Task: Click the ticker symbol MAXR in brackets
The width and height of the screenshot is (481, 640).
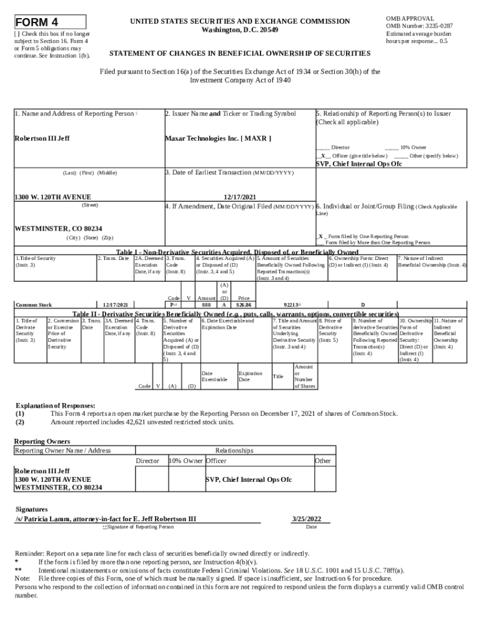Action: coord(255,138)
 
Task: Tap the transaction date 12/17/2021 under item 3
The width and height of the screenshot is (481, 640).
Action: coord(239,197)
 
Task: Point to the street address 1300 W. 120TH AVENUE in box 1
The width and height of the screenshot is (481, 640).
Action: coord(53,197)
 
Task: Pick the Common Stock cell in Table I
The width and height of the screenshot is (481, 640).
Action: coord(34,304)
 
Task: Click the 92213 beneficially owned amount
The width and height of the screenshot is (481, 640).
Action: coord(290,304)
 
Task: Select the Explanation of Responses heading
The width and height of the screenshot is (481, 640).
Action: coord(55,405)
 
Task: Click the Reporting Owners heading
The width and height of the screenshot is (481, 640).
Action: coord(42,441)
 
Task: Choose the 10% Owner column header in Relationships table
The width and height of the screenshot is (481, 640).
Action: coord(186,461)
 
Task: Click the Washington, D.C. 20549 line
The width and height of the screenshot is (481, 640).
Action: coord(240,30)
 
